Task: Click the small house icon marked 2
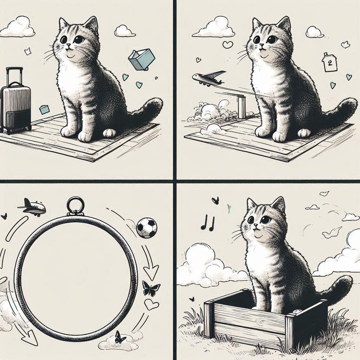[x=330, y=64]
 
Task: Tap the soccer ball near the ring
[x=146, y=228]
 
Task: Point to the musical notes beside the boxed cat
[x=207, y=223]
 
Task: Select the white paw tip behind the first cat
[x=109, y=133]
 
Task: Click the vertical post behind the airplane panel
[x=242, y=107]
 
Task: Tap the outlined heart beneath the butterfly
[x=152, y=304]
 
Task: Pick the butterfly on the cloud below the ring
[x=120, y=337]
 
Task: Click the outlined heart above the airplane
[x=228, y=45]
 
